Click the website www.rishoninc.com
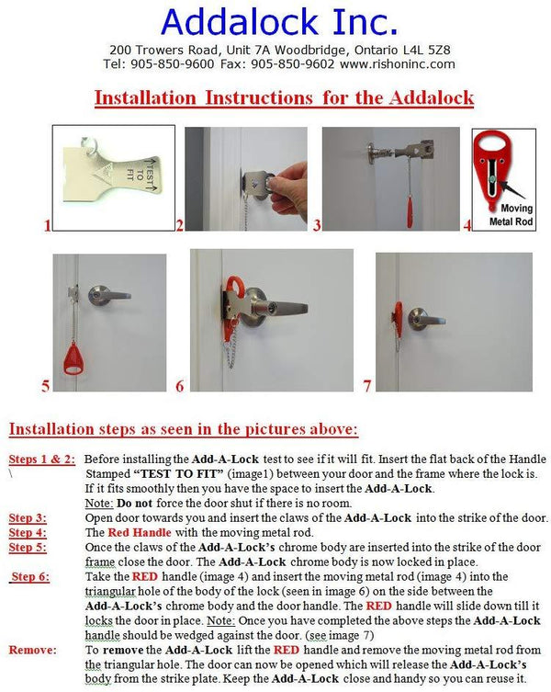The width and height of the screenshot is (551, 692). (x=397, y=64)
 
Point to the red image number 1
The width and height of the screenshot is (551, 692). (x=48, y=224)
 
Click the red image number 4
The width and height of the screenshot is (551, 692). (x=467, y=223)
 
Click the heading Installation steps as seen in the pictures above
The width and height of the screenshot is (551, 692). (x=184, y=429)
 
